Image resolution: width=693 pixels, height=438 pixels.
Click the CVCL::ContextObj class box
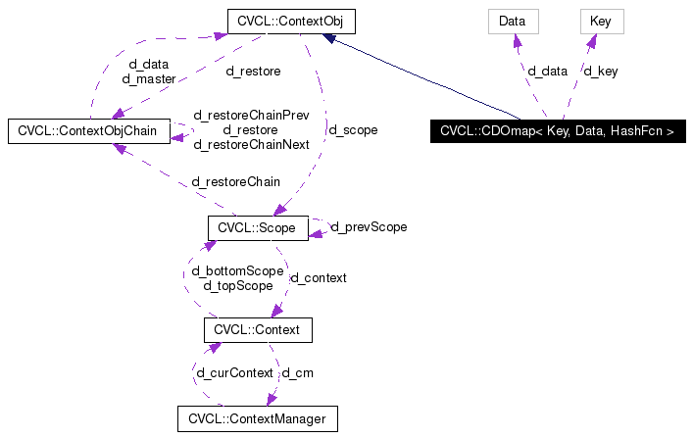click(290, 20)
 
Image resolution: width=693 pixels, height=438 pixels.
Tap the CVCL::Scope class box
click(258, 227)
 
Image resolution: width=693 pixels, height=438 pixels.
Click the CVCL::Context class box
click(257, 330)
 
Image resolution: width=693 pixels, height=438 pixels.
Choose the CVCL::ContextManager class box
click(257, 419)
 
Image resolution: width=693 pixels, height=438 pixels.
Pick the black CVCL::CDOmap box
click(557, 130)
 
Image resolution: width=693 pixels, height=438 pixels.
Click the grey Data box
click(513, 20)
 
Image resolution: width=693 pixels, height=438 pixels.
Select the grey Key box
click(601, 20)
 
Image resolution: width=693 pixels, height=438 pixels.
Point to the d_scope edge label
click(353, 129)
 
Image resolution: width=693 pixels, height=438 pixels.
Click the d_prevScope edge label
click(370, 227)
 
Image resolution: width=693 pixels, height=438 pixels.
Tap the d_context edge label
click(320, 278)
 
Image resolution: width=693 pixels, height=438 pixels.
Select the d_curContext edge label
click(234, 373)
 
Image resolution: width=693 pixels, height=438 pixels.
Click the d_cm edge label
click(297, 373)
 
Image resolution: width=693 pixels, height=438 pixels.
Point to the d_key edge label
click(601, 71)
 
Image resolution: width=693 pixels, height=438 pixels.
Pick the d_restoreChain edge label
click(236, 181)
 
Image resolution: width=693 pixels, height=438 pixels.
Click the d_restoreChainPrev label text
click(251, 115)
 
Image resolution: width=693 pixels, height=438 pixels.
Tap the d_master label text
click(147, 78)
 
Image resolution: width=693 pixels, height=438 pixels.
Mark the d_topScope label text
click(237, 285)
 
